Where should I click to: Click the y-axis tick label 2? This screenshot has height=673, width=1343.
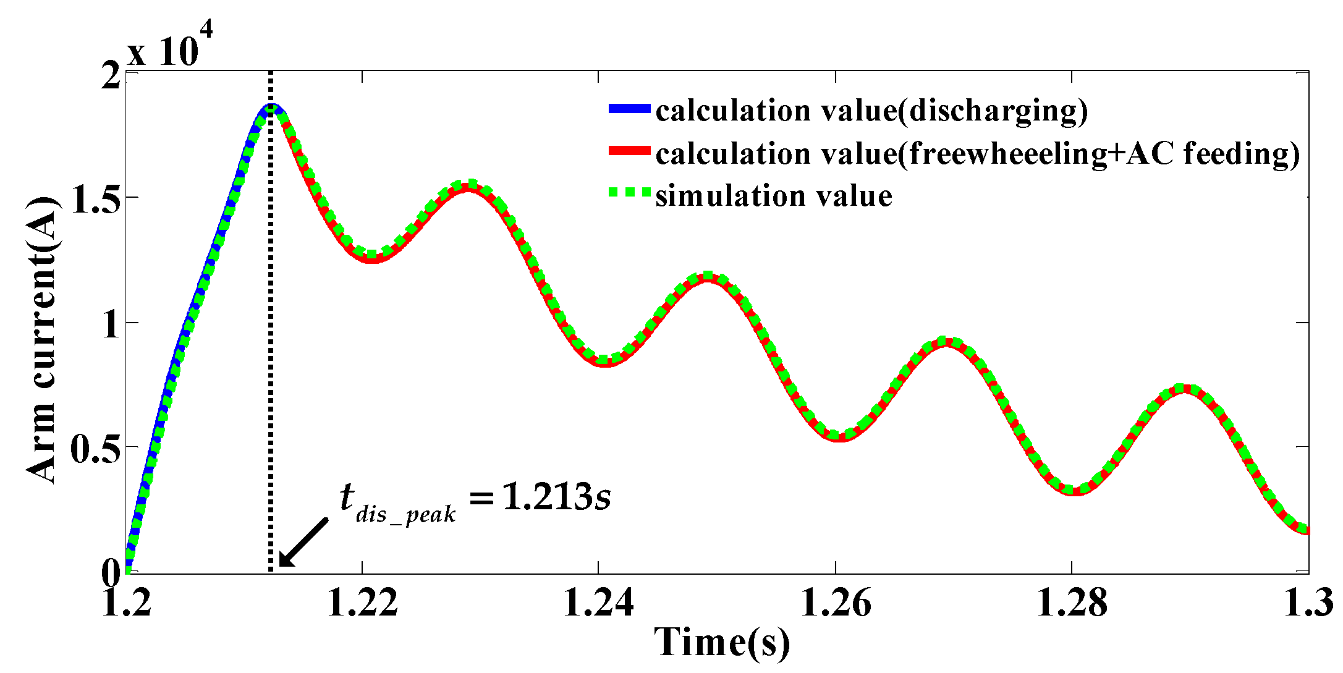(x=111, y=75)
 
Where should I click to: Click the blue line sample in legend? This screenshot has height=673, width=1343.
(x=629, y=109)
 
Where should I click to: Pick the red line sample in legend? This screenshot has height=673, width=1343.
(x=629, y=151)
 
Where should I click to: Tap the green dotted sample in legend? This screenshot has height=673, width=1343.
(x=629, y=193)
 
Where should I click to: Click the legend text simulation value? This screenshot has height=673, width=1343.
(x=774, y=196)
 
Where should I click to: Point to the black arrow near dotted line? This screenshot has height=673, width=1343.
(x=303, y=542)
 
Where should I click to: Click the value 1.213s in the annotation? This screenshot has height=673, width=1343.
(x=556, y=496)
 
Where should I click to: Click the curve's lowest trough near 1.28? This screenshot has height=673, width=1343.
(x=1075, y=491)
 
